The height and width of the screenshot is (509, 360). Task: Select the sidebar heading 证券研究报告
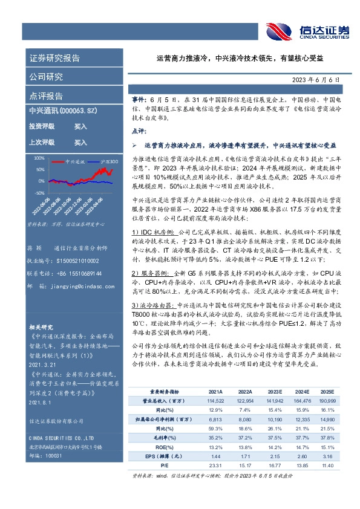click(x=54, y=59)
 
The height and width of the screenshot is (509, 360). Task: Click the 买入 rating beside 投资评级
click(x=80, y=127)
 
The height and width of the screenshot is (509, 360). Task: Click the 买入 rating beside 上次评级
click(x=80, y=143)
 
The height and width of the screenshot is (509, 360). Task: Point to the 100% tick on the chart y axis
click(x=39, y=157)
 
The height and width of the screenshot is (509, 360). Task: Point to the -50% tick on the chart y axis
click(x=39, y=192)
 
